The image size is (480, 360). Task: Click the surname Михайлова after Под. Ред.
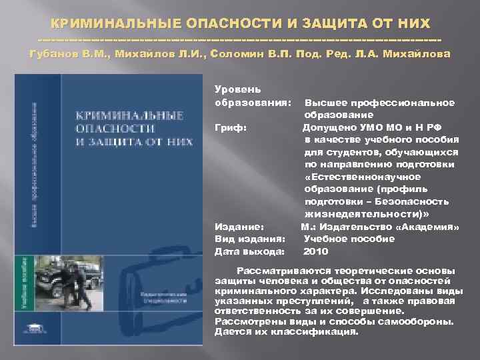point(419,54)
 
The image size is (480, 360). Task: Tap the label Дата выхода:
point(249,252)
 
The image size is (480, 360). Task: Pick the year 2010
point(315,252)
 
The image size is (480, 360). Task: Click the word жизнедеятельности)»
point(367,214)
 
